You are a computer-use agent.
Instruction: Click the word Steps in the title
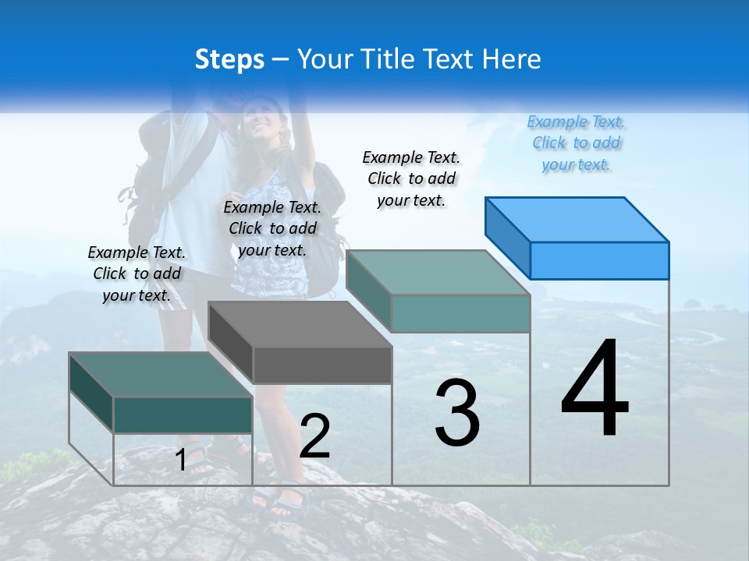coord(229,59)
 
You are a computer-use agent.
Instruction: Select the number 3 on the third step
coord(457,413)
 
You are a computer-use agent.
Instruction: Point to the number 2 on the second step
coord(315,436)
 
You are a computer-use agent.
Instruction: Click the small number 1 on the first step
coord(181,460)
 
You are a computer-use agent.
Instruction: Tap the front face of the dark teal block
coord(183,415)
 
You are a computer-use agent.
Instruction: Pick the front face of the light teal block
coord(460,313)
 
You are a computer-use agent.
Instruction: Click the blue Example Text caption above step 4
coord(576,143)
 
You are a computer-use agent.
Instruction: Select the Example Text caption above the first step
coord(137,274)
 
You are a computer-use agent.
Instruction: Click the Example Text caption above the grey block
coord(272,229)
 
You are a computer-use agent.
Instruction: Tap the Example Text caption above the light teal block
coord(411,178)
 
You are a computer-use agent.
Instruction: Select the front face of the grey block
coord(322,365)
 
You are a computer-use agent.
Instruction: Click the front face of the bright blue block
coord(599,260)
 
